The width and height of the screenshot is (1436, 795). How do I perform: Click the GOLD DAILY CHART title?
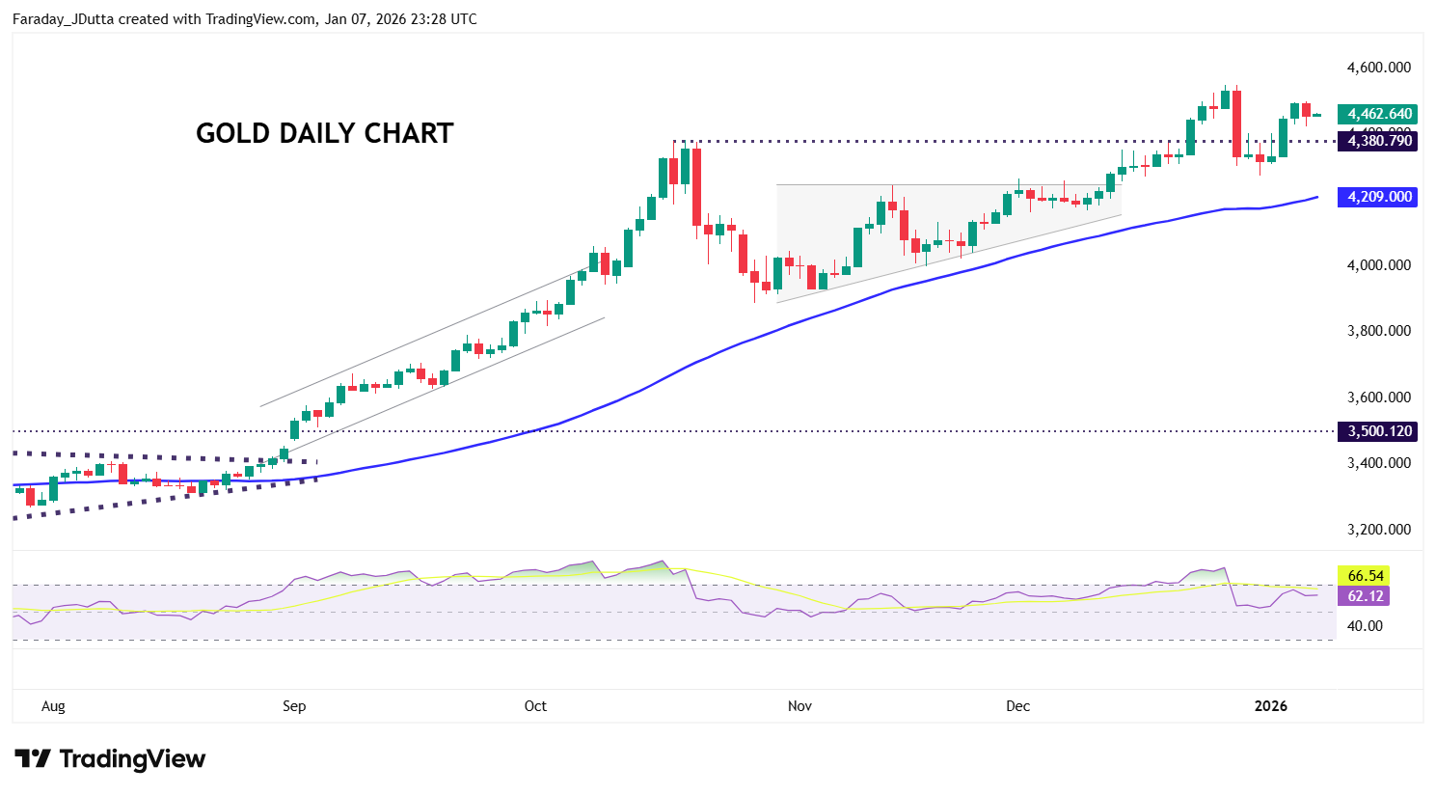pyautogui.click(x=324, y=133)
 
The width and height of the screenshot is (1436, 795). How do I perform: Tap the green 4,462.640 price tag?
pyautogui.click(x=1379, y=114)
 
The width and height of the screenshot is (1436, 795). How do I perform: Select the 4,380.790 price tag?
pyautogui.click(x=1379, y=141)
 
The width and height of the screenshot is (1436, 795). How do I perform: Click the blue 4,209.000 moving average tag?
pyautogui.click(x=1379, y=197)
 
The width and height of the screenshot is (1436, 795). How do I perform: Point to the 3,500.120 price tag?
pyautogui.click(x=1379, y=431)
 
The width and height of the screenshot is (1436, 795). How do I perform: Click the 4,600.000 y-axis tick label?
pyautogui.click(x=1379, y=68)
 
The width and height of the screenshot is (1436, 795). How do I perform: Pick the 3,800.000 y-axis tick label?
pyautogui.click(x=1379, y=331)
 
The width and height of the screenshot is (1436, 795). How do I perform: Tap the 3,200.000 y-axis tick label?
pyautogui.click(x=1379, y=530)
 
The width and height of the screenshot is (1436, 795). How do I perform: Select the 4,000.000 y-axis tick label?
pyautogui.click(x=1379, y=265)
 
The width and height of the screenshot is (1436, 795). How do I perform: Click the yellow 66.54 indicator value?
pyautogui.click(x=1365, y=576)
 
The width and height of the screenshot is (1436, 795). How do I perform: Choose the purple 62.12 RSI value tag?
pyautogui.click(x=1365, y=596)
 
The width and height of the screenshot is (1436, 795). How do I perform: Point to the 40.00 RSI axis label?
pyautogui.click(x=1365, y=626)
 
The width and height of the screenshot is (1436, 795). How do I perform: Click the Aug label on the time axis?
pyautogui.click(x=53, y=706)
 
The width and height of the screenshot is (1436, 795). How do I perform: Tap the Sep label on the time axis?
pyautogui.click(x=294, y=706)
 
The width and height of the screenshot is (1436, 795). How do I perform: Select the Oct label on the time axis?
pyautogui.click(x=535, y=706)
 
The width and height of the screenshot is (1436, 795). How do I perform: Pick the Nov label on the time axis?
pyautogui.click(x=799, y=706)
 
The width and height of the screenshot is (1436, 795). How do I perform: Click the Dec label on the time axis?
pyautogui.click(x=1017, y=706)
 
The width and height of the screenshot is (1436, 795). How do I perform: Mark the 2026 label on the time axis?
pyautogui.click(x=1270, y=706)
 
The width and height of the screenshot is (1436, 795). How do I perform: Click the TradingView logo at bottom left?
pyautogui.click(x=110, y=759)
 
